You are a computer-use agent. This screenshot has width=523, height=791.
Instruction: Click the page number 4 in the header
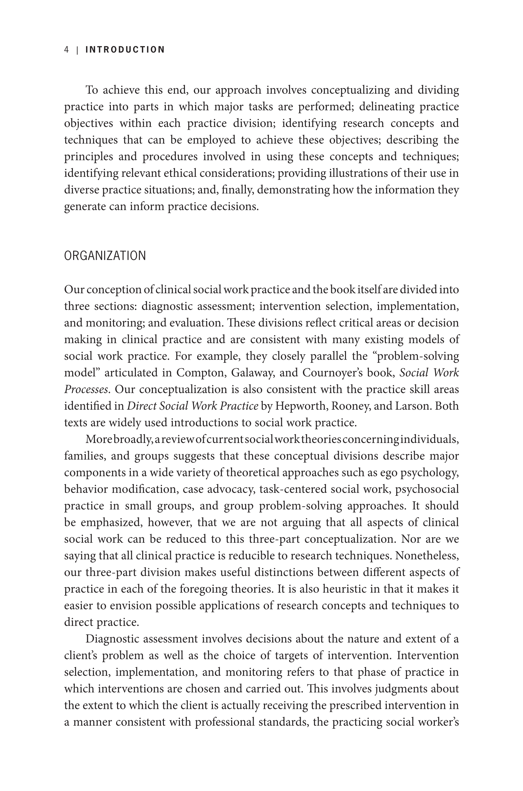pos(66,50)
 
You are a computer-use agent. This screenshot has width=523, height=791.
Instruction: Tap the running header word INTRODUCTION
pos(125,50)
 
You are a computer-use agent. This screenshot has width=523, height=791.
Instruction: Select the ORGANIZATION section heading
pos(105,256)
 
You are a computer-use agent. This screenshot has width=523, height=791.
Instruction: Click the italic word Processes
pos(86,389)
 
